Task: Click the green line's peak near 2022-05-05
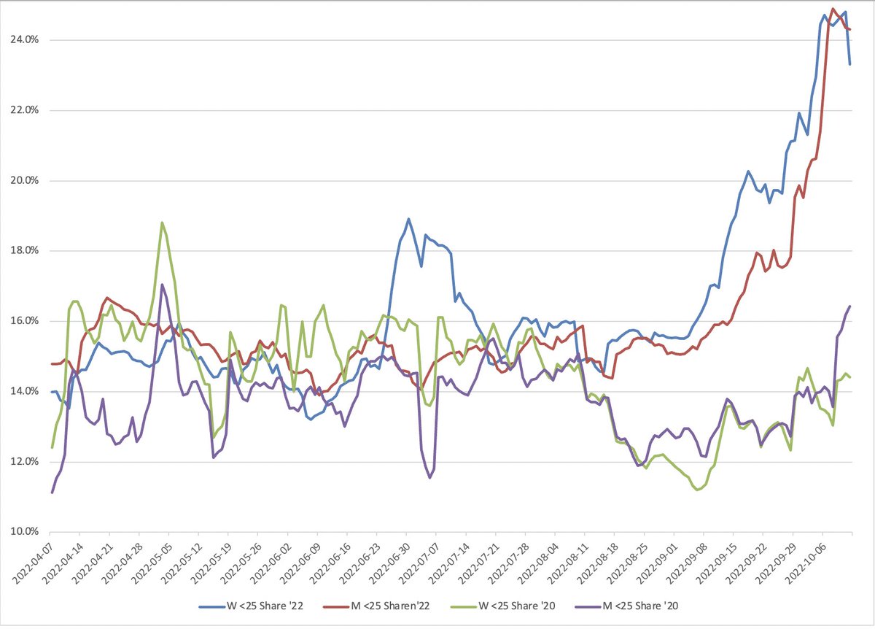pyautogui.click(x=162, y=223)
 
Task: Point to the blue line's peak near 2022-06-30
pyautogui.click(x=408, y=219)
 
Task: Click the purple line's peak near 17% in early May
pyautogui.click(x=163, y=285)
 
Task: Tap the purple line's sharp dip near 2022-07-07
pyautogui.click(x=430, y=478)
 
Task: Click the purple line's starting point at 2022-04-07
pyautogui.click(x=52, y=493)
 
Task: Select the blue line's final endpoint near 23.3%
pyautogui.click(x=850, y=64)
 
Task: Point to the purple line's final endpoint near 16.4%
pyautogui.click(x=850, y=306)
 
